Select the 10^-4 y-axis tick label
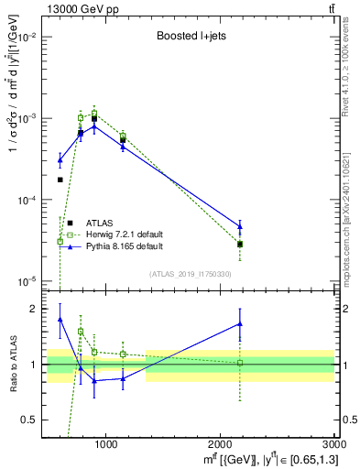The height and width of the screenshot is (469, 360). (29, 200)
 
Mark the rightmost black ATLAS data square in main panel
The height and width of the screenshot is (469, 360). (240, 245)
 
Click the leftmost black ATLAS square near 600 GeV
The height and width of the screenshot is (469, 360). (60, 180)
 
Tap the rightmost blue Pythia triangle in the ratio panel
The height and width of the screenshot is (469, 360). (240, 323)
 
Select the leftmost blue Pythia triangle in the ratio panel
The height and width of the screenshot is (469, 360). (60, 320)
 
